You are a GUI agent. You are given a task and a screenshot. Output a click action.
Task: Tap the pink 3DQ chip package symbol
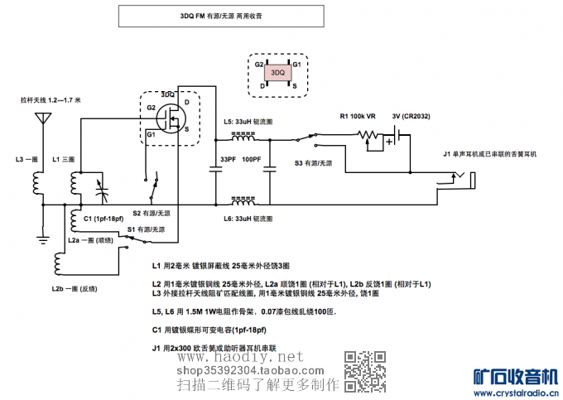point(277,73)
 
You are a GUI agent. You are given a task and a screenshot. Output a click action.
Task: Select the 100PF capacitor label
point(252,159)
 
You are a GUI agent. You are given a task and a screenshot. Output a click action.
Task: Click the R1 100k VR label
point(358,116)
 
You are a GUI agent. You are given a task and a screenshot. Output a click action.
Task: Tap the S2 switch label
point(152,213)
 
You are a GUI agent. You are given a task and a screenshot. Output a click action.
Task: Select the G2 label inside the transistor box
point(151,108)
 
